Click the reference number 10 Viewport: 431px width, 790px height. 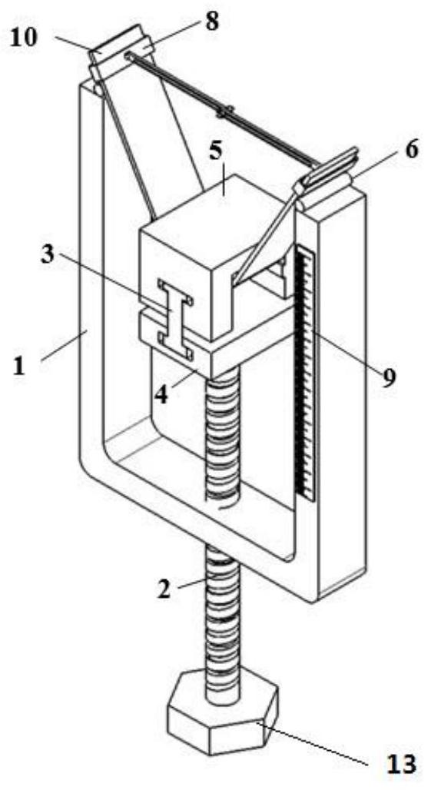[x=25, y=38]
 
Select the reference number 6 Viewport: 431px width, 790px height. [x=411, y=150]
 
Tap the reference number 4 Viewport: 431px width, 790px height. [x=161, y=393]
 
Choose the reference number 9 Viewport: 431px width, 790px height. [x=389, y=375]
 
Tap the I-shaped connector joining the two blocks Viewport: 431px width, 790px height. [x=175, y=320]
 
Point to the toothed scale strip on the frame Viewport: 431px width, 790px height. [x=305, y=373]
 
